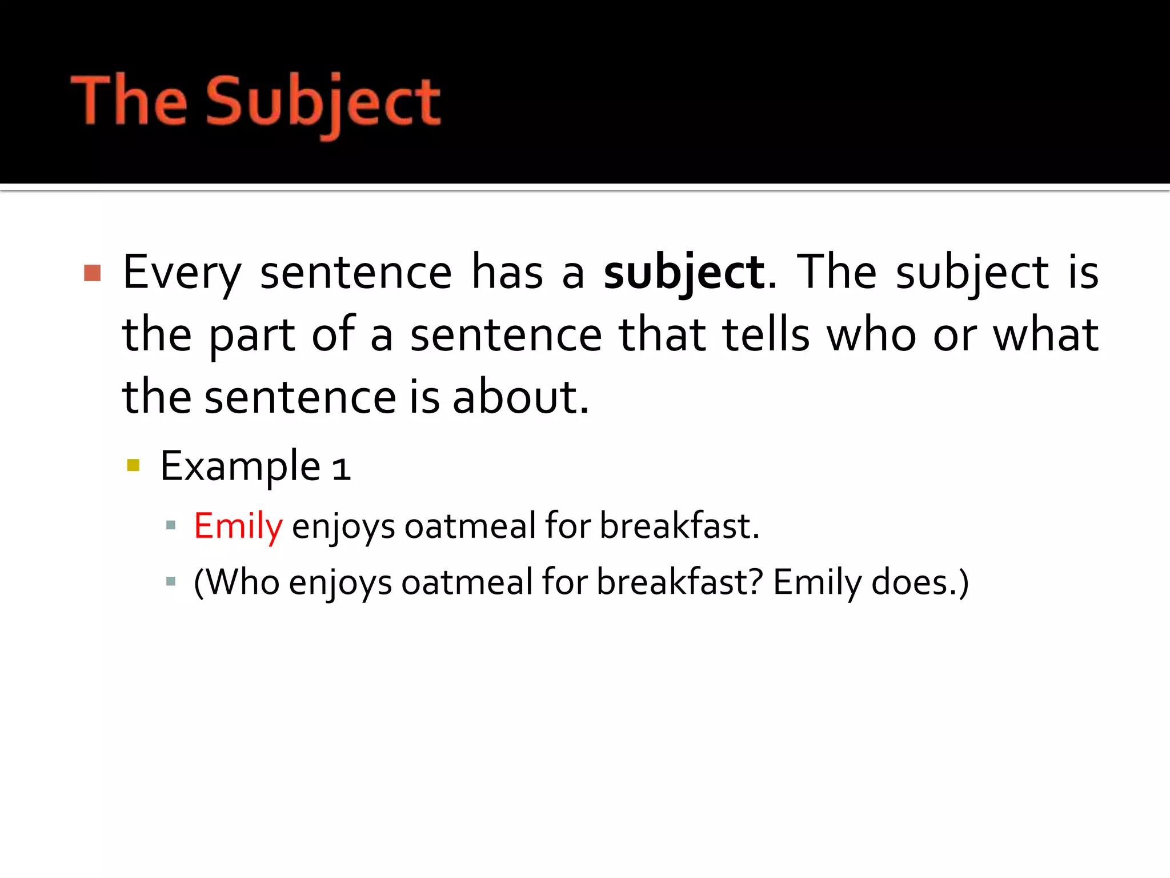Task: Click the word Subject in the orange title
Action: point(323,103)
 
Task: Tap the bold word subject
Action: point(684,273)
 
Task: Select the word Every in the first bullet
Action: point(182,273)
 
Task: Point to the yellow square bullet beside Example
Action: point(134,465)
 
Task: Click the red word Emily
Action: point(238,526)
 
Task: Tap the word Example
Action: point(240,466)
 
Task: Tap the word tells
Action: point(766,335)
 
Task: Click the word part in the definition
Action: point(252,337)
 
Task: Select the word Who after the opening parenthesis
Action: point(242,582)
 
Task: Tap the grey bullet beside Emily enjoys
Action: point(170,525)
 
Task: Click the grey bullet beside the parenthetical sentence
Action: point(170,582)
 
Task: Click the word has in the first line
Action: point(507,273)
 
